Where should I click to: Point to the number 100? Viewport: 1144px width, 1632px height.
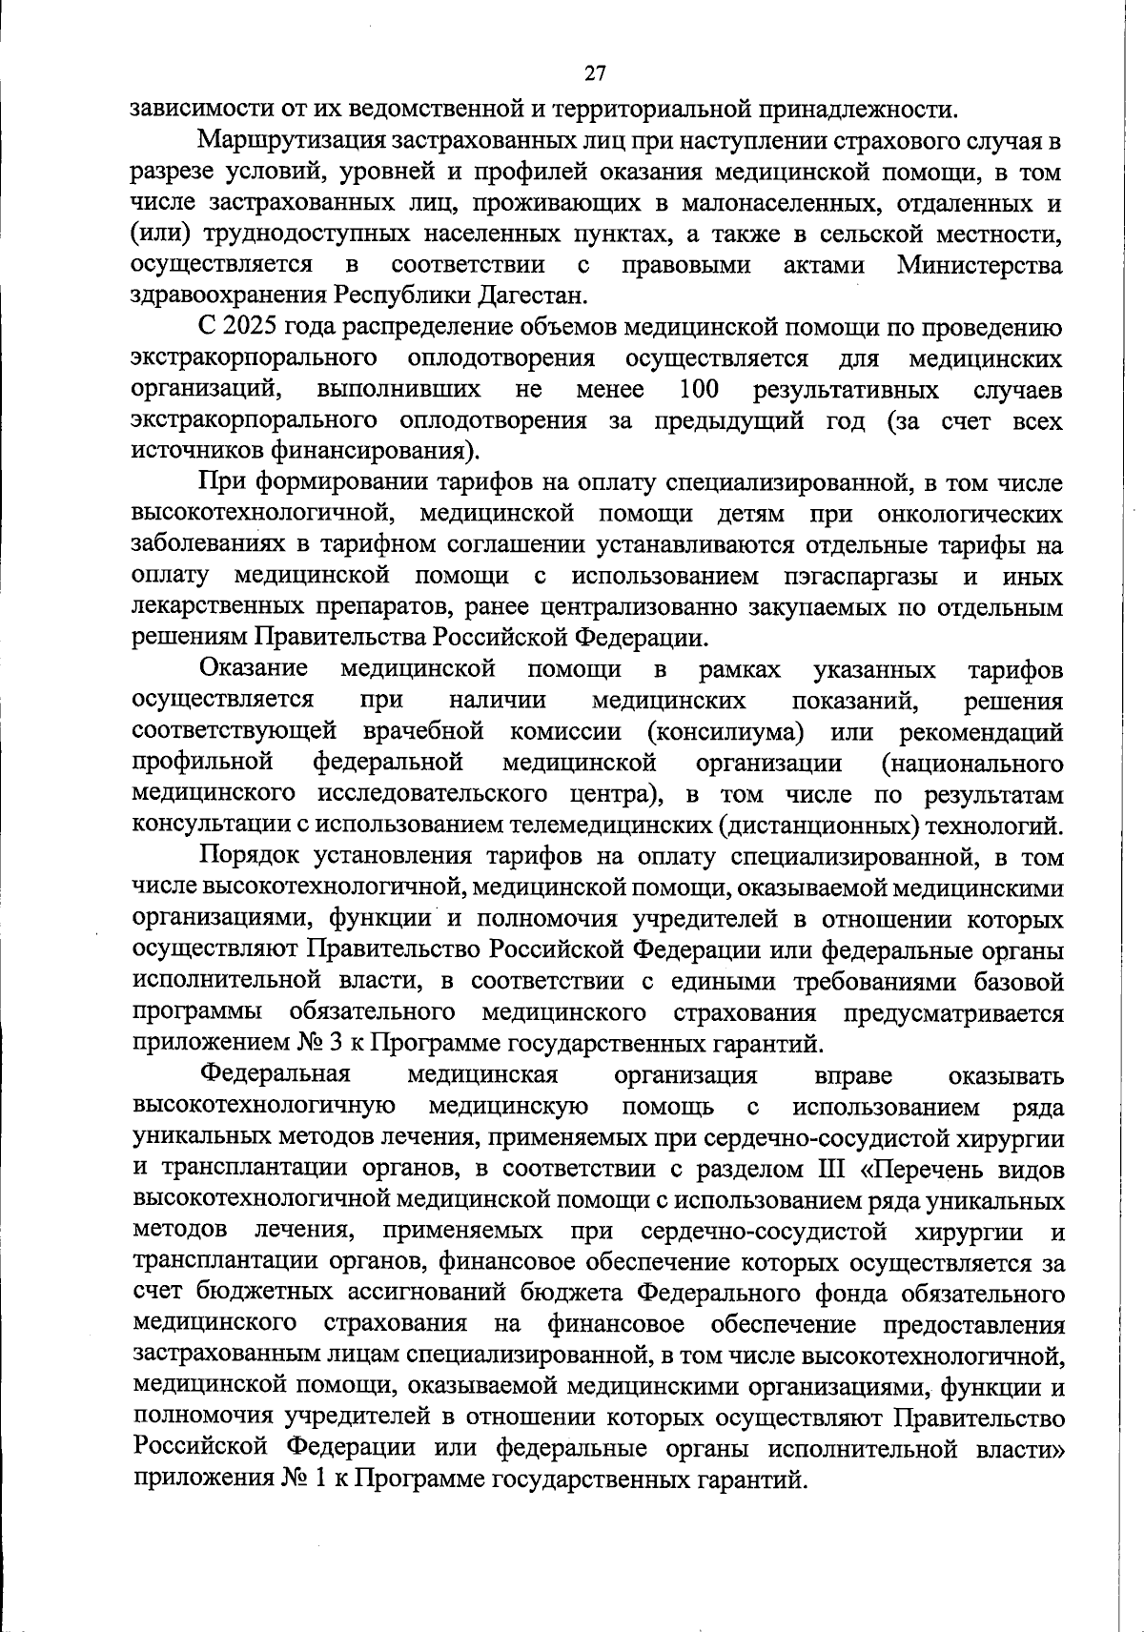[699, 389]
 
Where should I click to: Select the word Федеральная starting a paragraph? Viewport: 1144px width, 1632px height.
[276, 1074]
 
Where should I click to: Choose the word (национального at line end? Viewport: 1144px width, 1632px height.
[971, 763]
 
